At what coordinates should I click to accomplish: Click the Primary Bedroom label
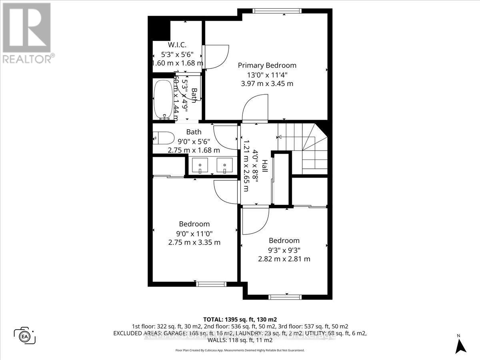pyautogui.click(x=267, y=65)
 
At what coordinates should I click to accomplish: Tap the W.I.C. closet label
pyautogui.click(x=177, y=45)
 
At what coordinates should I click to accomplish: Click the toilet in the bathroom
pyautogui.click(x=163, y=137)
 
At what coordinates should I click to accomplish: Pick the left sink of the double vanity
pyautogui.click(x=199, y=165)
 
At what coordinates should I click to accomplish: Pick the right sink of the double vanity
pyautogui.click(x=224, y=165)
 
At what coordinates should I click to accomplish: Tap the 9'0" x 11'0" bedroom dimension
pyautogui.click(x=194, y=233)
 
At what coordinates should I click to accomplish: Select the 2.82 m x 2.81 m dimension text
pyautogui.click(x=284, y=259)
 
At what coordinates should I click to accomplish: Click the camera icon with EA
pyautogui.click(x=25, y=335)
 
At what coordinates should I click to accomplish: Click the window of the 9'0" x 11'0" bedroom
pyautogui.click(x=208, y=284)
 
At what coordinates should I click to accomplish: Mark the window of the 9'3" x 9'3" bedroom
pyautogui.click(x=284, y=297)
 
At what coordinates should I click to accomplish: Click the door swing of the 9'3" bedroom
pyautogui.click(x=255, y=221)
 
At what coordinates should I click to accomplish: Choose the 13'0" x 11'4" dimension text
pyautogui.click(x=267, y=74)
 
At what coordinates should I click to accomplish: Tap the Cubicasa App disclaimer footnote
pyautogui.click(x=240, y=350)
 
